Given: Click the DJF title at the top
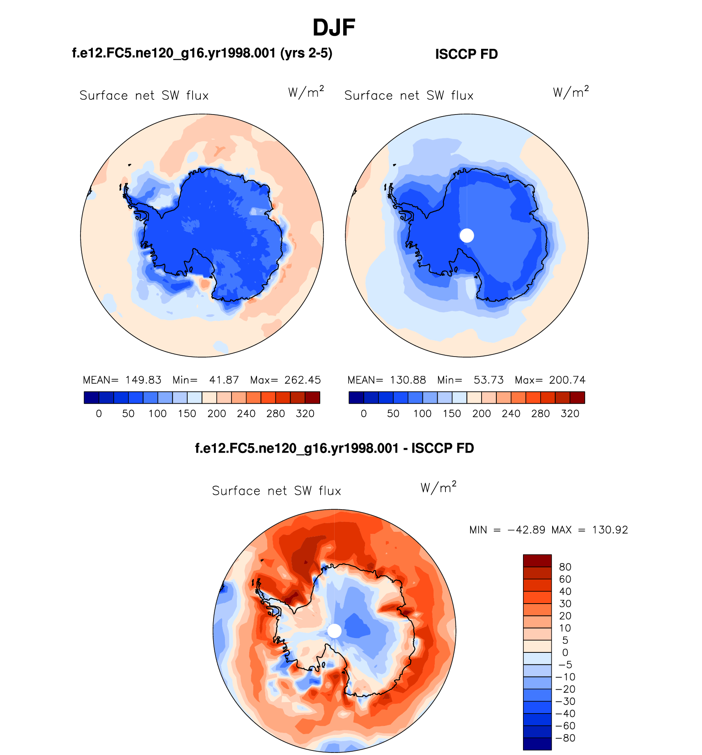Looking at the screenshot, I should [x=334, y=28].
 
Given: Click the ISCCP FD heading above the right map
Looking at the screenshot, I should [x=466, y=54].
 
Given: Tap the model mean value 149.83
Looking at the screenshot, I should [x=143, y=380].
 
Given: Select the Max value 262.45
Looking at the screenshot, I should [x=303, y=380].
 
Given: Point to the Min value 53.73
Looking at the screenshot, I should [x=489, y=380].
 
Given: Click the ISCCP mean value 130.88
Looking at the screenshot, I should [x=408, y=380].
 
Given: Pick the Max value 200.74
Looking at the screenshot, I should [x=567, y=380].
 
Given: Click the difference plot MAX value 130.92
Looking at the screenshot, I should [x=610, y=530].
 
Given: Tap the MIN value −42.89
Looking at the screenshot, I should [x=527, y=530].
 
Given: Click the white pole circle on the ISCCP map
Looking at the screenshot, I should [x=467, y=236].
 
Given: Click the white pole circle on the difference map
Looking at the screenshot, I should [x=334, y=631].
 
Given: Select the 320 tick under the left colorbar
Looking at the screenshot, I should [x=305, y=414].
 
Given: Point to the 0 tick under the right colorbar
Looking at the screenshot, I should [x=364, y=414].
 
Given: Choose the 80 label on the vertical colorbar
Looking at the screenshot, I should [x=565, y=567].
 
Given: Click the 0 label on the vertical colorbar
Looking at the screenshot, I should [x=565, y=652].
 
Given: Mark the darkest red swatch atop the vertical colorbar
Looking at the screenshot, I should [x=537, y=561].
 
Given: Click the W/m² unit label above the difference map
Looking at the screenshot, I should [x=438, y=487].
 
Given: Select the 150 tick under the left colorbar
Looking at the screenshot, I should [x=187, y=414].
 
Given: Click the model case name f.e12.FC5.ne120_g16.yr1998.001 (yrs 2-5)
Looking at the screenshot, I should [x=202, y=53].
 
